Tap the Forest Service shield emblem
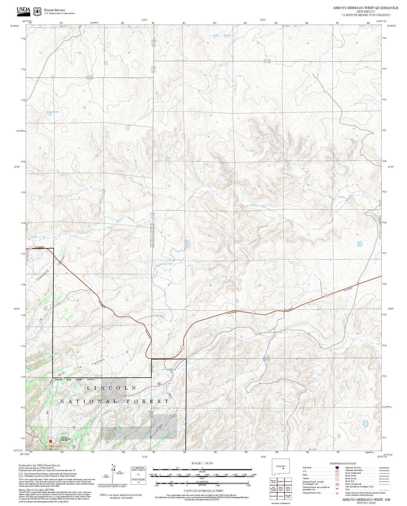point(37,11)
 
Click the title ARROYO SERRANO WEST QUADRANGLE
point(365,8)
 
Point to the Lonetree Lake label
point(52,112)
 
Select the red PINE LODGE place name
point(56,446)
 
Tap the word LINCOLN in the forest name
point(112,388)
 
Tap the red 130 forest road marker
point(159,383)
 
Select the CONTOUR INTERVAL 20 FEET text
point(203,491)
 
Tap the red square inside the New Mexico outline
point(283,468)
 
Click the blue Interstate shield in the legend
point(337,468)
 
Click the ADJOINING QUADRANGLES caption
point(281,503)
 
